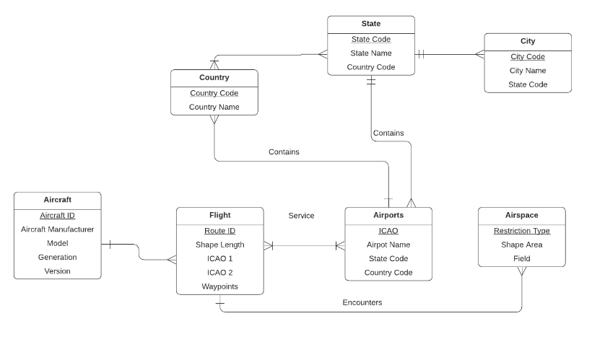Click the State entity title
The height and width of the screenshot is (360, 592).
[x=371, y=24]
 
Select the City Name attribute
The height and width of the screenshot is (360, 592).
[x=527, y=71]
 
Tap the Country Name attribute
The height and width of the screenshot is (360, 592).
[x=214, y=107]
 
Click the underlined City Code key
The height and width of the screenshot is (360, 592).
[x=527, y=57]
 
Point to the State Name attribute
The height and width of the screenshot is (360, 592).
[x=371, y=53]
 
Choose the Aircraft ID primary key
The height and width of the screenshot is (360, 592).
[x=57, y=216]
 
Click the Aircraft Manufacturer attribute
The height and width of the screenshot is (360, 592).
[x=57, y=229]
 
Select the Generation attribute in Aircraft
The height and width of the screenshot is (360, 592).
[x=57, y=258]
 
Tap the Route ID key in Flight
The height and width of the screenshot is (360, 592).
[x=219, y=231]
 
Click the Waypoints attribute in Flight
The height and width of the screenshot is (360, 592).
[x=219, y=286]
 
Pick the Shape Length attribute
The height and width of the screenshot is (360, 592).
[x=219, y=245]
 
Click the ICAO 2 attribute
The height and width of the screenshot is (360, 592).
[x=219, y=273]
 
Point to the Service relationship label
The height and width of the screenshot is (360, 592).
[x=301, y=216]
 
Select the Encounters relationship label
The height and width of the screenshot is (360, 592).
[x=362, y=303]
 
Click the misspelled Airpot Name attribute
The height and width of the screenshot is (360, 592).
[x=388, y=245]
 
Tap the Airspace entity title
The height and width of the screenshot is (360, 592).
[x=521, y=215]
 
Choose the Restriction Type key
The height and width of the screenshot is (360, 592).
[x=521, y=231]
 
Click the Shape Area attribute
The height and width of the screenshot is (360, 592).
[x=521, y=245]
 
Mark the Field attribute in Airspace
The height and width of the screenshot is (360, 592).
[x=521, y=258]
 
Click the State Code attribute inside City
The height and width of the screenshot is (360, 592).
[x=527, y=84]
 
